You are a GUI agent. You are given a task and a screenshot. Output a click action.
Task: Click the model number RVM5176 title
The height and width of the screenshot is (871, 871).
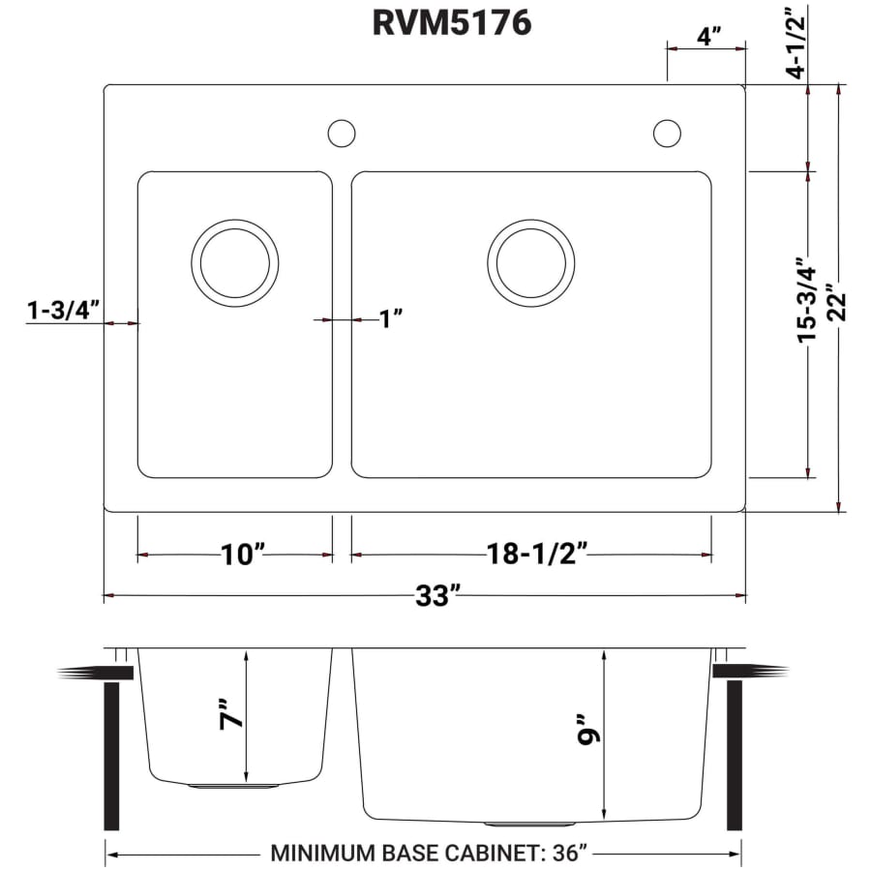click(x=451, y=23)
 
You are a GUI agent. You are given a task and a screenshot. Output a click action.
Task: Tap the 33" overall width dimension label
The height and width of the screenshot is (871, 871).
click(x=437, y=596)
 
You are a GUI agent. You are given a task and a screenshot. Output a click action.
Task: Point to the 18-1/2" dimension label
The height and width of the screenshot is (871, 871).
click(x=538, y=555)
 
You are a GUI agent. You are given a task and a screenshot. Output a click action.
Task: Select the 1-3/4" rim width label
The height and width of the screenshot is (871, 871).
click(x=64, y=311)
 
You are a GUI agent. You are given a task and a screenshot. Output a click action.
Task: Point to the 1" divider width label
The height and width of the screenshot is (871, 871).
click(x=390, y=318)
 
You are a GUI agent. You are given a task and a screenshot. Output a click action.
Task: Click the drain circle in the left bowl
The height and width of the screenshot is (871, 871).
click(x=235, y=261)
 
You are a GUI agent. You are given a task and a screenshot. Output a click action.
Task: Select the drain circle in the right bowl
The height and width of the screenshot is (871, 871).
click(x=530, y=261)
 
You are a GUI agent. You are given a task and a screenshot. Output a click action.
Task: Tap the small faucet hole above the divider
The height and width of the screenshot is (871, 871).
click(x=342, y=133)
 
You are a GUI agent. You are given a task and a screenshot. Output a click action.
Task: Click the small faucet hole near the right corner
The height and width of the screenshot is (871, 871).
click(x=667, y=133)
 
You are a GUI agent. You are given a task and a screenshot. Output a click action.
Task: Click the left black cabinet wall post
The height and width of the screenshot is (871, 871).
click(x=111, y=755)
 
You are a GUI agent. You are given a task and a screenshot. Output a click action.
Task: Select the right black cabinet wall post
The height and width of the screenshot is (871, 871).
click(x=734, y=755)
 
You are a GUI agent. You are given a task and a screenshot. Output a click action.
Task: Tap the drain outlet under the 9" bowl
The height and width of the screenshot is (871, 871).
click(x=514, y=824)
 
